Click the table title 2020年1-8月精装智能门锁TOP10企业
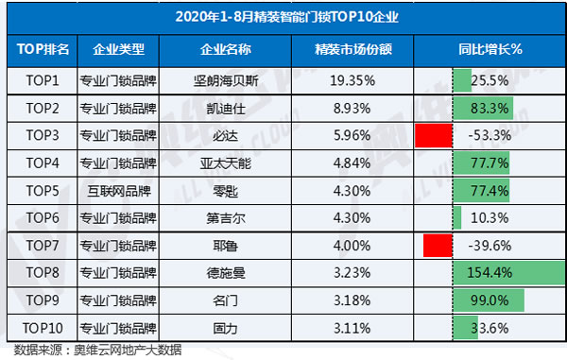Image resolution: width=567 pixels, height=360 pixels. (283, 16)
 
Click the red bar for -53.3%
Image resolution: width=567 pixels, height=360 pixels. (434, 135)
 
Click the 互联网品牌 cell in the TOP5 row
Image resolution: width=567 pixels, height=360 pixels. (118, 191)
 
